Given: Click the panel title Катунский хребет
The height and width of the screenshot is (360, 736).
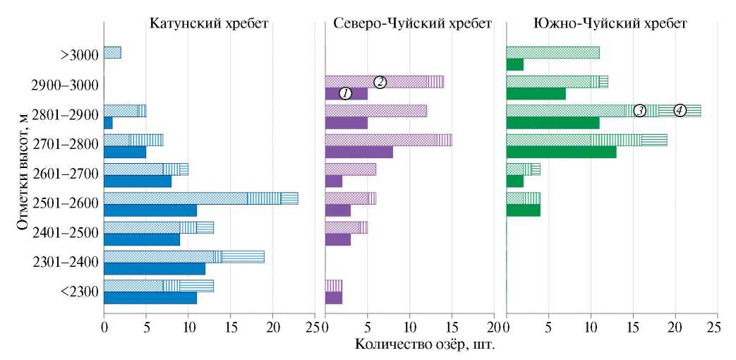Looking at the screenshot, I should tap(209, 24).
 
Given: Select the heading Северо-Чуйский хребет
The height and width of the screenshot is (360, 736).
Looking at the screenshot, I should tap(412, 24).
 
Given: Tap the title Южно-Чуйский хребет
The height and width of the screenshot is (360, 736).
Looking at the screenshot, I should tap(610, 24).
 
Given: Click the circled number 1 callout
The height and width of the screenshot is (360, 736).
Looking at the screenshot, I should tap(345, 93).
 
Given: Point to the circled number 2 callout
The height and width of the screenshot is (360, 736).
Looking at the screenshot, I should tap(379, 81).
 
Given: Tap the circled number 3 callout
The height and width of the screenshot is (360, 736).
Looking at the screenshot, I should tap(639, 110).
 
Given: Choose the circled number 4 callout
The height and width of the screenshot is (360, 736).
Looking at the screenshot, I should tap(679, 110).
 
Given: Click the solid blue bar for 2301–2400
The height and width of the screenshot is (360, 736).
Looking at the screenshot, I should tap(155, 269).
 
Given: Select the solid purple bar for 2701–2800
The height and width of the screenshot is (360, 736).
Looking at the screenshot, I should tap(358, 152).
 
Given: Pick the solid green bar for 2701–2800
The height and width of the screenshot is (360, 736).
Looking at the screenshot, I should tap(561, 152).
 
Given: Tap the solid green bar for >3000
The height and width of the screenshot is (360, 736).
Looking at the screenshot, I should tap(515, 64).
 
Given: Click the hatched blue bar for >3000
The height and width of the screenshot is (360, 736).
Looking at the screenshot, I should tap(112, 52).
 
